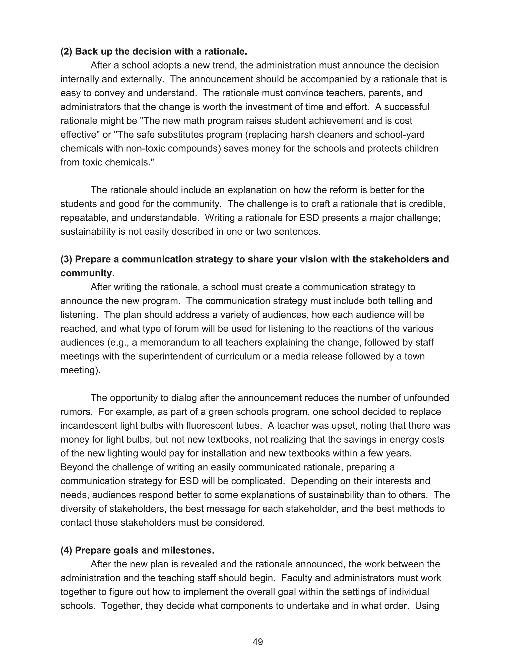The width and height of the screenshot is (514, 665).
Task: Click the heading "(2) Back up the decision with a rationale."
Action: (x=154, y=51)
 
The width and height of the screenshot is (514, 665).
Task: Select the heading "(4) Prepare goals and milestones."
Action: (x=137, y=550)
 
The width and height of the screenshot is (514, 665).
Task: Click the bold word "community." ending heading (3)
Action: (x=87, y=273)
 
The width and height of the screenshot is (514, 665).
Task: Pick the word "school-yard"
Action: (x=399, y=135)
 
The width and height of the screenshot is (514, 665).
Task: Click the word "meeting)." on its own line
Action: (x=80, y=370)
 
